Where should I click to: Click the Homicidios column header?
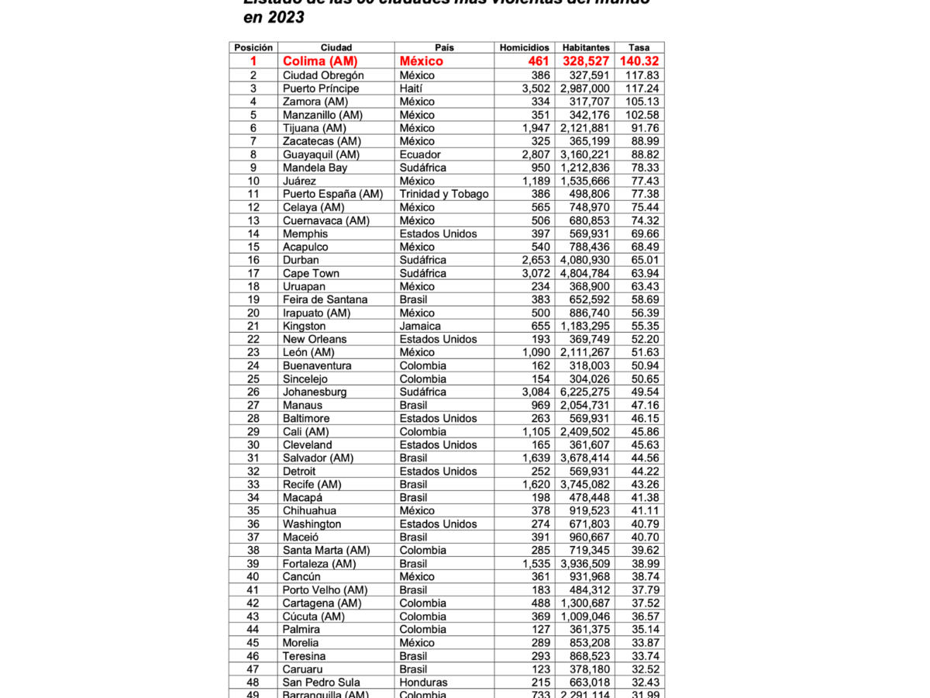click(x=525, y=47)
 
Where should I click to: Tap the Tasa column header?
click(x=639, y=47)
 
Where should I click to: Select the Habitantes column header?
click(x=586, y=47)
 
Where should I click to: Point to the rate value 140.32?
click(x=639, y=61)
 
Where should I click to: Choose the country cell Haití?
click(x=412, y=88)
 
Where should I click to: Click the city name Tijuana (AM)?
click(x=313, y=128)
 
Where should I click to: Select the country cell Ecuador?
click(x=420, y=154)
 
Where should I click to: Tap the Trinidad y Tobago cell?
click(x=444, y=194)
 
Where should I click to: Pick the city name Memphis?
click(x=305, y=233)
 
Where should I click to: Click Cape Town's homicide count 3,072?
click(x=536, y=273)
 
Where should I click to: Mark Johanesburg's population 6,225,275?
click(x=584, y=392)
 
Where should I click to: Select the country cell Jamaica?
click(x=420, y=326)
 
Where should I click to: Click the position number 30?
click(x=253, y=444)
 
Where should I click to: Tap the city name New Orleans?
click(x=315, y=339)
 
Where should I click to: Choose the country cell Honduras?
click(x=423, y=682)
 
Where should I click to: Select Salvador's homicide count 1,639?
click(x=536, y=458)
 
